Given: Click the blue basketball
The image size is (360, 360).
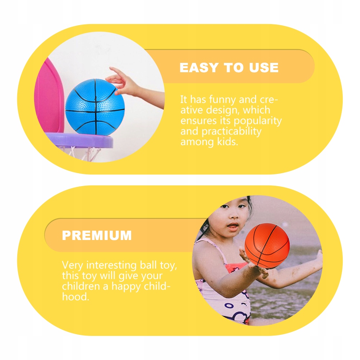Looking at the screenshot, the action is click(95, 107).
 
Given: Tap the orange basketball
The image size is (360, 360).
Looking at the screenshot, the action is click(267, 245).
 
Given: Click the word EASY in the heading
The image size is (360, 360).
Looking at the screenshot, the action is click(199, 68).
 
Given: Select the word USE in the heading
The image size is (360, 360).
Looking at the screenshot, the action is click(264, 68).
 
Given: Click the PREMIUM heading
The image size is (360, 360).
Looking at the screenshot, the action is click(97, 235).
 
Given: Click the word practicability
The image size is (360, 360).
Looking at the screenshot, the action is click(231, 131).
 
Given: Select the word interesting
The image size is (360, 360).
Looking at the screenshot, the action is click(111, 265).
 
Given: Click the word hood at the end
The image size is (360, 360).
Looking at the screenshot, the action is click(75, 297).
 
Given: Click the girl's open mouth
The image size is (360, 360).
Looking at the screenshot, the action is click(233, 226).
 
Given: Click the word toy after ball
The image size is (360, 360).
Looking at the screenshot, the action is click(168, 266).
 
